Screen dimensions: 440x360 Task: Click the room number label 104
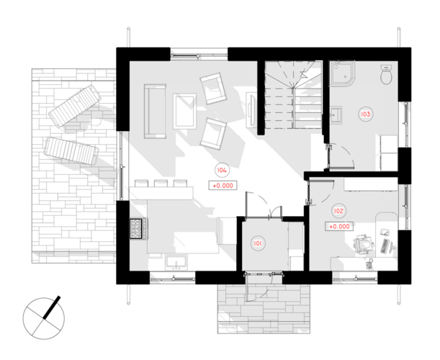(222, 171)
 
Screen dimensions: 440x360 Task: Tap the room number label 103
(365, 114)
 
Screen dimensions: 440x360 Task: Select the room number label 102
(338, 211)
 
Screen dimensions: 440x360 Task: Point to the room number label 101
(258, 243)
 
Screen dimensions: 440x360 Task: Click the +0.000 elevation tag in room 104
(223, 186)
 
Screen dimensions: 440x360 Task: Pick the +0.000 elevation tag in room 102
(339, 226)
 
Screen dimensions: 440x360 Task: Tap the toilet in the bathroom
(387, 74)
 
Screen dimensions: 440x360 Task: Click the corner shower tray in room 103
(342, 73)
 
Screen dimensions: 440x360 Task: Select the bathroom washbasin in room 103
(336, 114)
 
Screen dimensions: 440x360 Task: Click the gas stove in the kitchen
(138, 229)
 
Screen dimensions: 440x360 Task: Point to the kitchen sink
(176, 261)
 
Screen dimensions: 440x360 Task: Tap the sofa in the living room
(155, 111)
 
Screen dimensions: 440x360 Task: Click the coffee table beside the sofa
(184, 112)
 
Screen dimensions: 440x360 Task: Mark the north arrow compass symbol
(43, 318)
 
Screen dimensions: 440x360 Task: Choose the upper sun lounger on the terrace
(75, 107)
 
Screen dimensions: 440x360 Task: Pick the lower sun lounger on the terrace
(71, 150)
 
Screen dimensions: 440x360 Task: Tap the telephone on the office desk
(370, 264)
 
